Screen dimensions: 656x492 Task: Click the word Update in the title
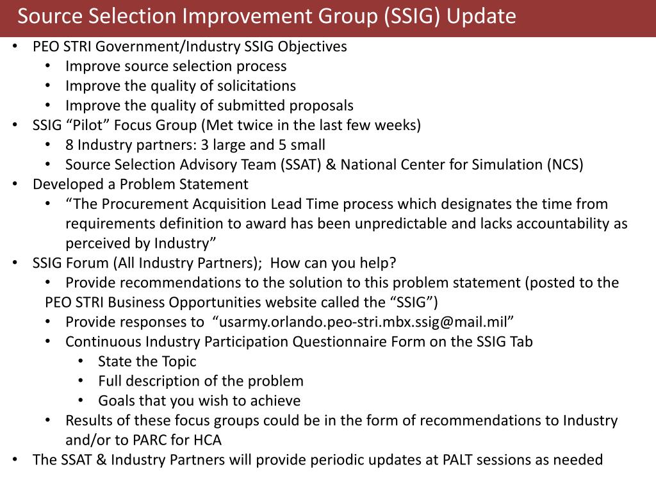pos(481,17)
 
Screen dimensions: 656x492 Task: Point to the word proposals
pos(322,106)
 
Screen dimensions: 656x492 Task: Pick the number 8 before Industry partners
pos(69,145)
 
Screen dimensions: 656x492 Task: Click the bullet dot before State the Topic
pos(80,361)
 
